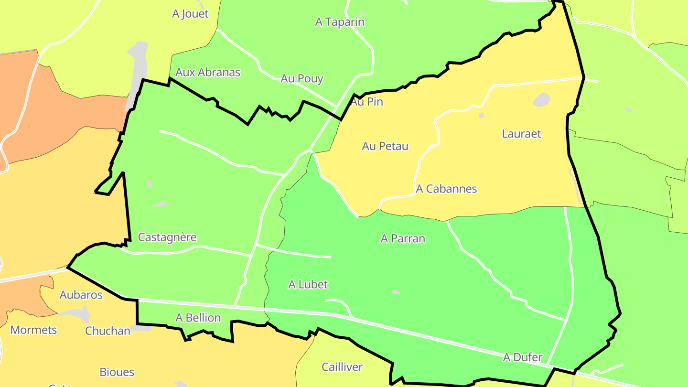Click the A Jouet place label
point(190,14)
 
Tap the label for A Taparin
point(340,22)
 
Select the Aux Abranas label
point(208,72)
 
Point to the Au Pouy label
point(302,78)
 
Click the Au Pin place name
point(367,102)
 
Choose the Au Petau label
point(385,146)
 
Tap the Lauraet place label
point(521,134)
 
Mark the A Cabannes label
point(446,189)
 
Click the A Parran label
point(403,238)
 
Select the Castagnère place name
point(167,237)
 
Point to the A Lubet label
point(308,284)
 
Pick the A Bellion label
point(198,318)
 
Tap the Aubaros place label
point(81,295)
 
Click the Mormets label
point(33,330)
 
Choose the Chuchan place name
point(107,331)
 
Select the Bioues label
point(117,372)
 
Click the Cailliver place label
point(342,367)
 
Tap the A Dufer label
point(523,357)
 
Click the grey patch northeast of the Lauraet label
point(541,100)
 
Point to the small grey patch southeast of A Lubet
point(396,291)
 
